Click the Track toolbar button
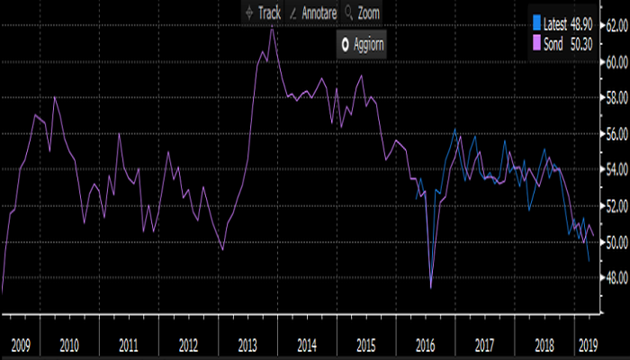pyautogui.click(x=263, y=13)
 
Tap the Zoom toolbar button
pyautogui.click(x=363, y=13)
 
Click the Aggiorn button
pyautogui.click(x=362, y=45)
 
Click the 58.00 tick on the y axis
pyautogui.click(x=615, y=97)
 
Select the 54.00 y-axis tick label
pyautogui.click(x=615, y=169)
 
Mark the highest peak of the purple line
pyautogui.click(x=273, y=30)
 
